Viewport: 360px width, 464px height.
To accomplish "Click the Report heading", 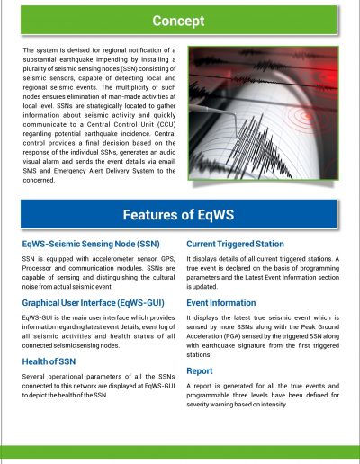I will (x=201, y=370).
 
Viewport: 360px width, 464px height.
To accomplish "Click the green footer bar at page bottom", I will (x=180, y=454).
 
